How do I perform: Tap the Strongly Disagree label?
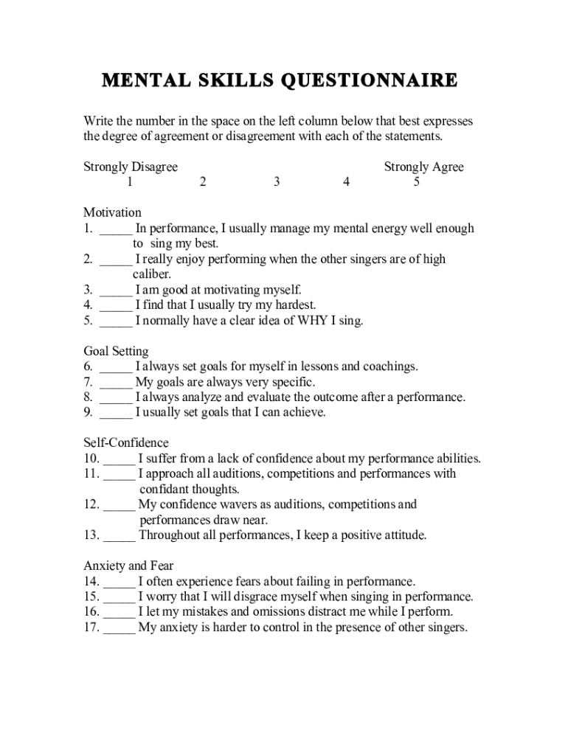pyautogui.click(x=131, y=167)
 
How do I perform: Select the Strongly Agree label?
pyautogui.click(x=423, y=167)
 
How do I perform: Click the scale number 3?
pyautogui.click(x=276, y=182)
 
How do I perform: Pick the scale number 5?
pyautogui.click(x=417, y=182)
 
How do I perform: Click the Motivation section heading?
pyautogui.click(x=112, y=213)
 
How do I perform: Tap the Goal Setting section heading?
pyautogui.click(x=116, y=351)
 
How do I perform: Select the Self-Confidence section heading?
pyautogui.click(x=125, y=443)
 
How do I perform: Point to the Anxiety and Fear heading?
pyautogui.click(x=128, y=566)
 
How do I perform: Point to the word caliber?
pyautogui.click(x=151, y=274)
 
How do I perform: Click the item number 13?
pyautogui.click(x=91, y=535)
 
